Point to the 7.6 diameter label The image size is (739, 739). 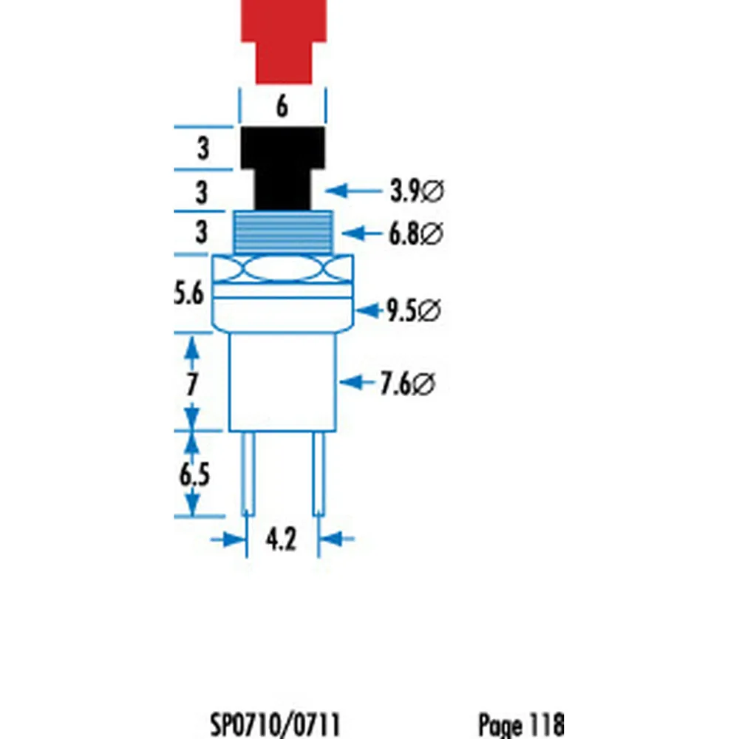tap(407, 384)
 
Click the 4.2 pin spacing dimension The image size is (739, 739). tap(281, 540)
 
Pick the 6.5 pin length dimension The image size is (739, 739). tap(194, 474)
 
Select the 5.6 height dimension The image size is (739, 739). tap(189, 295)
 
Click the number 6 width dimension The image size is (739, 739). tap(282, 107)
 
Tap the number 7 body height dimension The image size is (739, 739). tap(192, 384)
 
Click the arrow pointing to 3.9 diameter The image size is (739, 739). tap(350, 191)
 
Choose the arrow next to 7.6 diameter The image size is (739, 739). tap(359, 383)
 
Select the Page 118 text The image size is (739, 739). tap(521, 723)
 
